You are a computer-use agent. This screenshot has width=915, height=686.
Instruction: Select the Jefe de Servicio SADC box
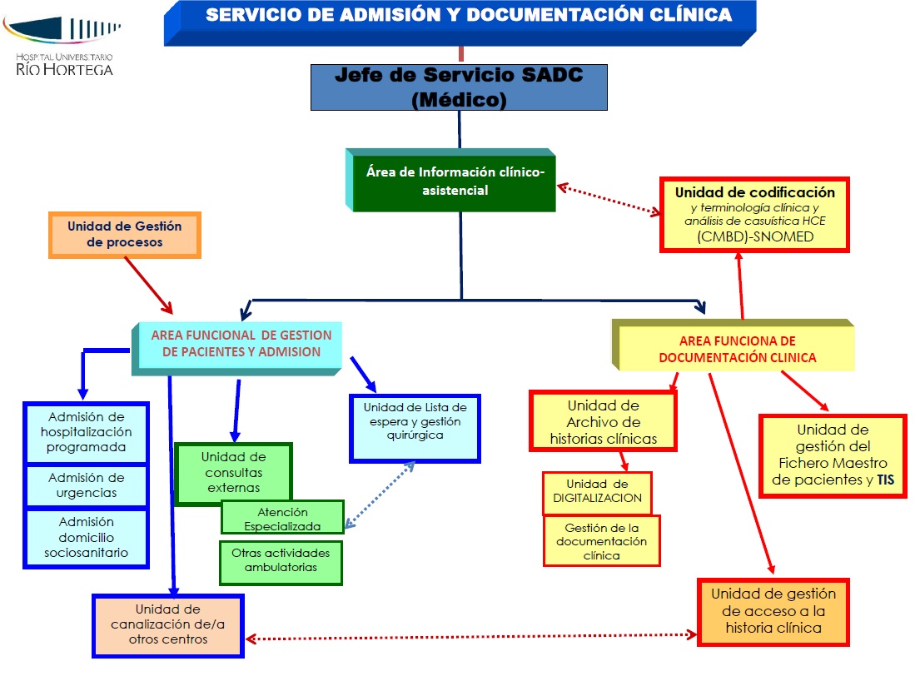pyautogui.click(x=459, y=87)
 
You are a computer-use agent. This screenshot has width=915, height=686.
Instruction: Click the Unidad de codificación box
pyautogui.click(x=754, y=214)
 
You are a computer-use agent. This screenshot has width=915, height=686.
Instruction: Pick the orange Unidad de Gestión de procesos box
pyautogui.click(x=125, y=234)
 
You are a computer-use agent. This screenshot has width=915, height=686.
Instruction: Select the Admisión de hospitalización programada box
pyautogui.click(x=87, y=432)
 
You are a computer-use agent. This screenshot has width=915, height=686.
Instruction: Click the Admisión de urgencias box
pyautogui.click(x=87, y=485)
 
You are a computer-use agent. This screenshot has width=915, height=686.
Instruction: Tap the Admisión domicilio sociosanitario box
pyautogui.click(x=87, y=537)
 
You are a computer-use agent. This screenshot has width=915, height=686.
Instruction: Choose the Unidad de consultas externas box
pyautogui.click(x=234, y=472)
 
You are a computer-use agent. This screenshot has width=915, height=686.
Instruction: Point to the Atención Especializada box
pyautogui.click(x=282, y=518)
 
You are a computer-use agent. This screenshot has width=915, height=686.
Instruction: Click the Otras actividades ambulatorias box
pyautogui.click(x=281, y=560)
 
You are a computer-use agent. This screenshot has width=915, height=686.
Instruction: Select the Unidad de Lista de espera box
pyautogui.click(x=415, y=427)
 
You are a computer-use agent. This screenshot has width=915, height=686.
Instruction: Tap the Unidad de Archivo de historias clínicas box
pyautogui.click(x=603, y=421)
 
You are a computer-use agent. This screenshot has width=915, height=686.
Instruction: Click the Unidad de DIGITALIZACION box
pyautogui.click(x=597, y=491)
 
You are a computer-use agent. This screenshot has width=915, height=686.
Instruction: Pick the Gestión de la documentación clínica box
pyautogui.click(x=602, y=541)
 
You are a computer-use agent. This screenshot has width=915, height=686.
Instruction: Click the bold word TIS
pyautogui.click(x=884, y=480)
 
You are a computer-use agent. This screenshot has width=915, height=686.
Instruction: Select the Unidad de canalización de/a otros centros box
pyautogui.click(x=167, y=624)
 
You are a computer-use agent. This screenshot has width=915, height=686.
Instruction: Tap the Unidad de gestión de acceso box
pyautogui.click(x=773, y=611)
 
